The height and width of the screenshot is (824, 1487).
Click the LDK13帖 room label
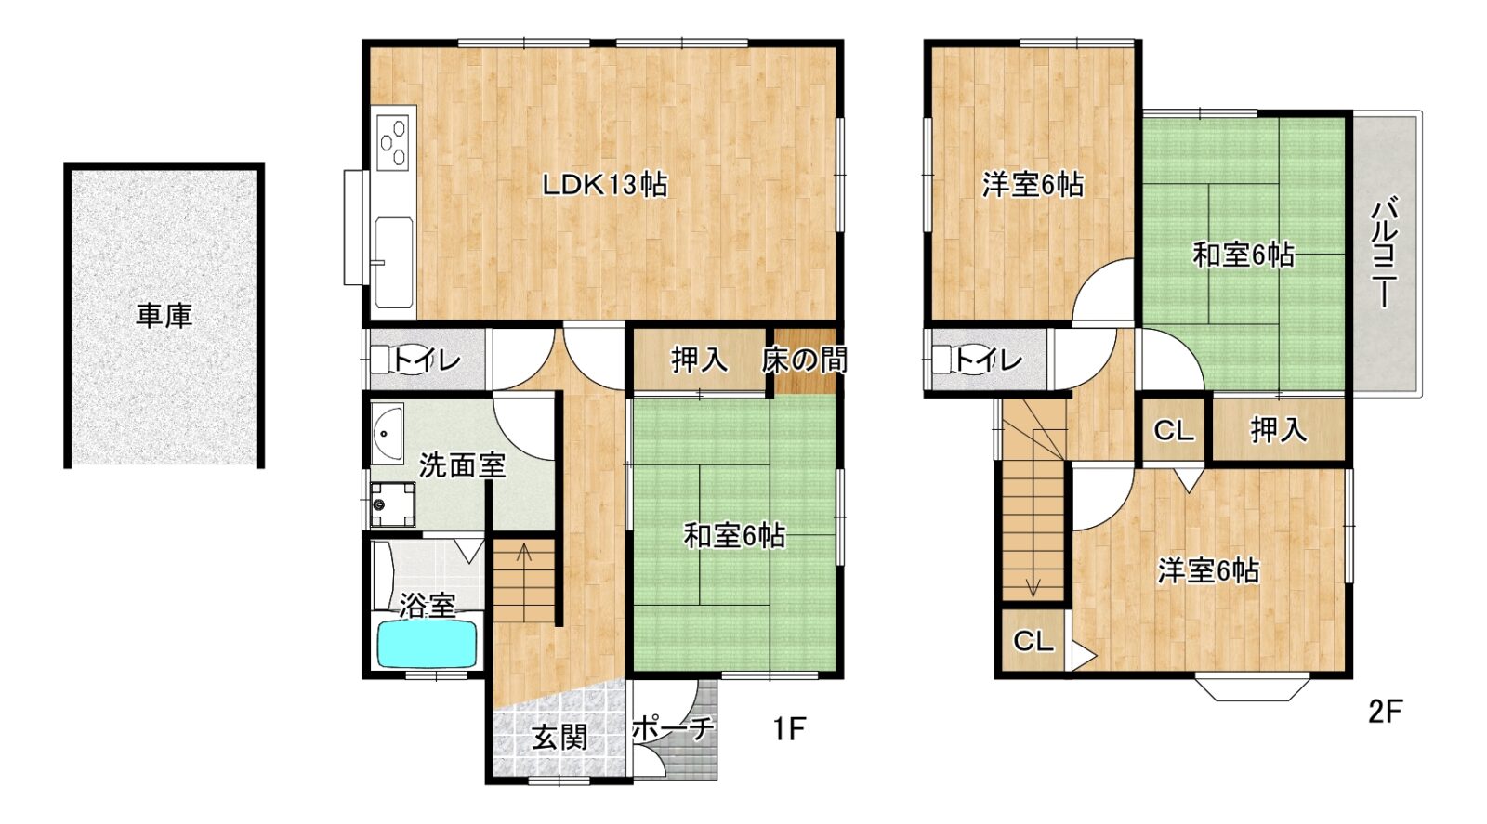[x=605, y=185]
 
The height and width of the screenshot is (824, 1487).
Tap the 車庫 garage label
[x=164, y=317]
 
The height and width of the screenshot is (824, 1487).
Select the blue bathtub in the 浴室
[x=428, y=644]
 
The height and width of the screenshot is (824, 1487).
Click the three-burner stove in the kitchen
[x=393, y=142]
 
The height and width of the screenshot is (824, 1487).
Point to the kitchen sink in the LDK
[x=394, y=262]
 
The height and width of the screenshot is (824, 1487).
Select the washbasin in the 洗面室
[x=387, y=435]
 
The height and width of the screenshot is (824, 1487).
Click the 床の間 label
[x=804, y=360]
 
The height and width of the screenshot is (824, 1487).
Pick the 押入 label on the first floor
[x=699, y=360]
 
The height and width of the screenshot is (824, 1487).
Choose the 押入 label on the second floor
[x=1279, y=430]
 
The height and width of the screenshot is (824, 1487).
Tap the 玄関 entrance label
[x=560, y=737]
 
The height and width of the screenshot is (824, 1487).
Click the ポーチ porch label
[x=673, y=729]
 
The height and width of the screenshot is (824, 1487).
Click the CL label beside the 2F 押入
[x=1174, y=431]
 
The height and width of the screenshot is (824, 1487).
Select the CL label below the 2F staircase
[x=1033, y=641]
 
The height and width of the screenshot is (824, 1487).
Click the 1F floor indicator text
[x=789, y=730]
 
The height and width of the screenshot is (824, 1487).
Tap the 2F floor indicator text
[x=1385, y=712]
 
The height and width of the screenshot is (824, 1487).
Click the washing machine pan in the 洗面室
[x=392, y=504]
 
